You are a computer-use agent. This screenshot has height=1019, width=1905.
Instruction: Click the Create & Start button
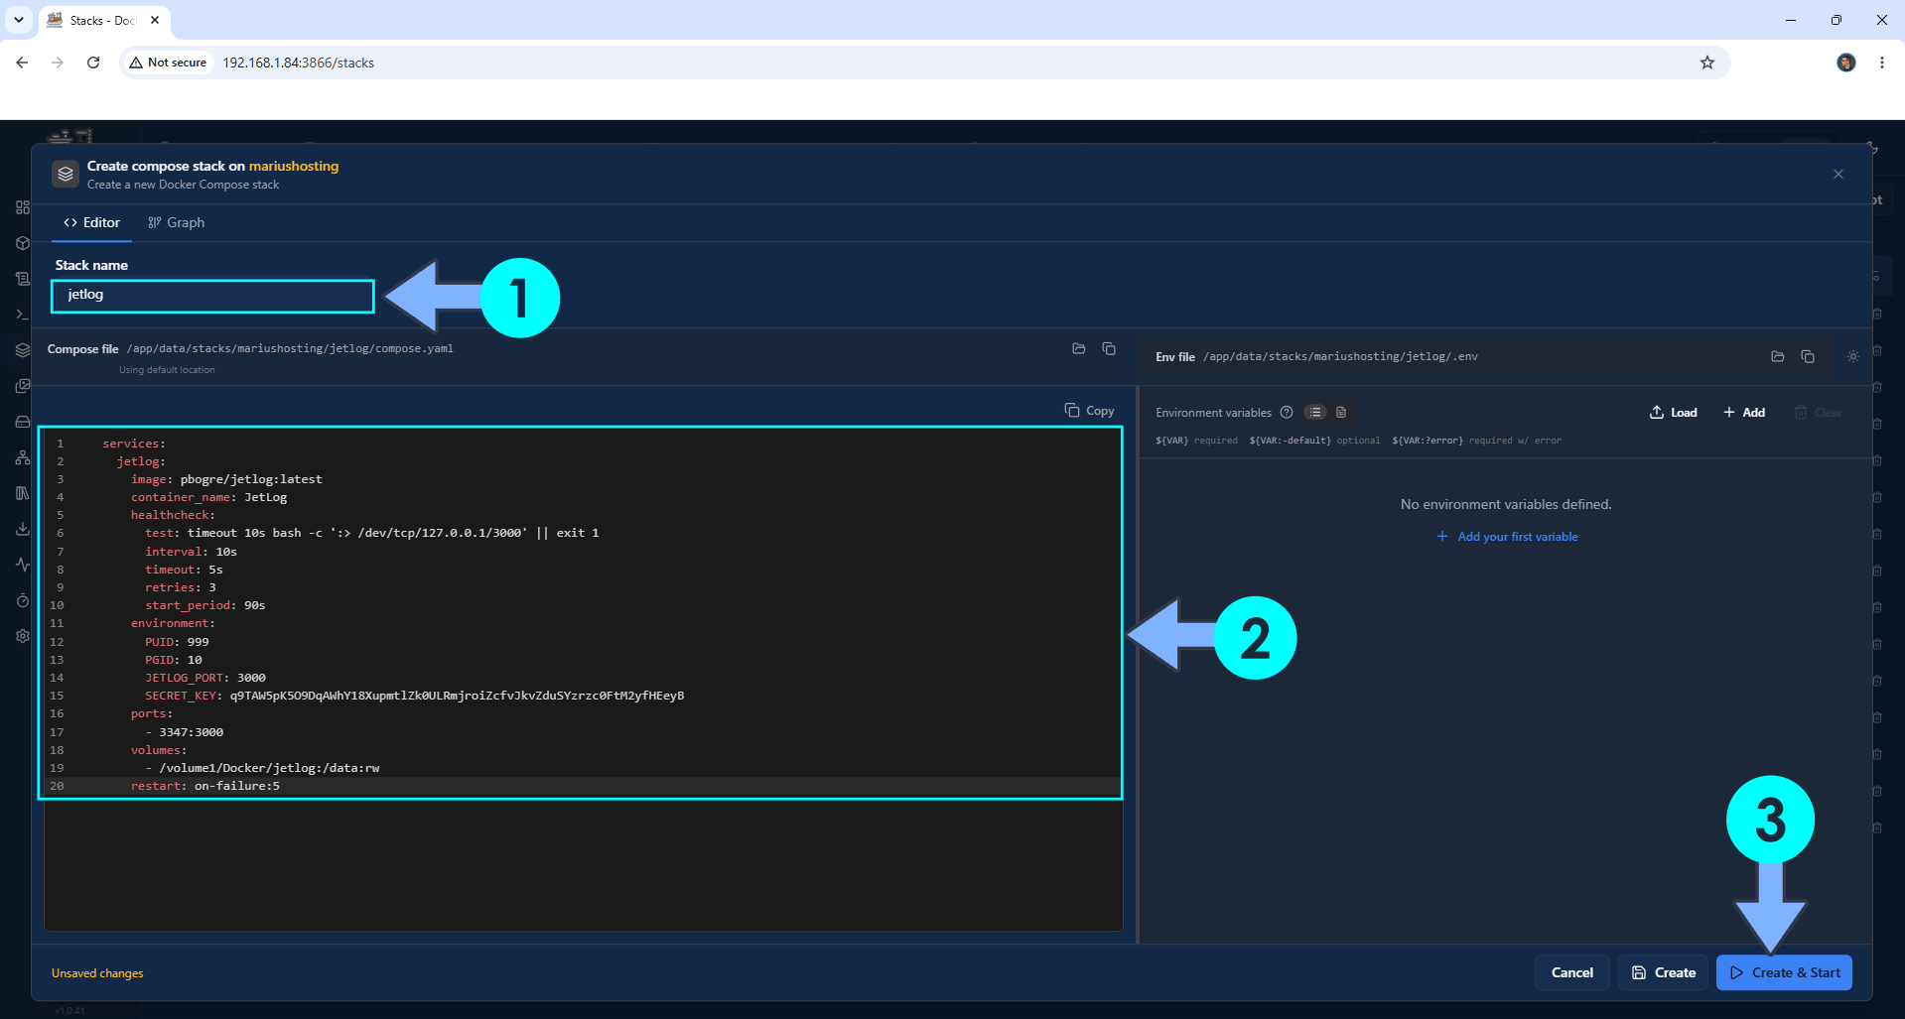click(1784, 972)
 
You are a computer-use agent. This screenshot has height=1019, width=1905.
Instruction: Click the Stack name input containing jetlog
click(212, 296)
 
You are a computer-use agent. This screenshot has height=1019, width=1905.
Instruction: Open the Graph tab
click(176, 222)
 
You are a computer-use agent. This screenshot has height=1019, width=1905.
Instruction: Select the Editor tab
click(91, 222)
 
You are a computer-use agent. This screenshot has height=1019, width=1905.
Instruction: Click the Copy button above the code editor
click(1089, 411)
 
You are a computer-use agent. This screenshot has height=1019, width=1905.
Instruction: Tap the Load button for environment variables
click(1674, 413)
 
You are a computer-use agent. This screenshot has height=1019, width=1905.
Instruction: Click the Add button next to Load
click(1744, 413)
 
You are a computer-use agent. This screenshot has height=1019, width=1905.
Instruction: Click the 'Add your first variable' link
click(1507, 537)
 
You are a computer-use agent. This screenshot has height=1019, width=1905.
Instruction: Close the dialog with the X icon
click(1838, 174)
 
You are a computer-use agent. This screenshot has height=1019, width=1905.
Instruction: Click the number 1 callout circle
click(519, 298)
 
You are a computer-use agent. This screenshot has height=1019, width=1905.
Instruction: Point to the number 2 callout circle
click(1255, 638)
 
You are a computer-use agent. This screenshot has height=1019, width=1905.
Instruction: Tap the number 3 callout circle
click(1770, 820)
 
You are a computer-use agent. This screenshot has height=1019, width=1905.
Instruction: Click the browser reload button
click(93, 63)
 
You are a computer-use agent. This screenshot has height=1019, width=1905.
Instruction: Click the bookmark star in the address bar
click(1707, 63)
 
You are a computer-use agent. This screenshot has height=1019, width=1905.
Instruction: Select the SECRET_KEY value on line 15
click(457, 696)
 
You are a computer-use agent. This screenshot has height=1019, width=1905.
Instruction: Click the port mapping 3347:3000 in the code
click(192, 732)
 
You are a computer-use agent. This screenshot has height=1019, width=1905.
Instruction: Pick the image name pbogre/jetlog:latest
click(251, 479)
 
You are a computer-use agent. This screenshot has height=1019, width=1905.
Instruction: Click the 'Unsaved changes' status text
click(97, 973)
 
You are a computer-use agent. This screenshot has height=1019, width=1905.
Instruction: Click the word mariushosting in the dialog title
click(294, 166)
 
